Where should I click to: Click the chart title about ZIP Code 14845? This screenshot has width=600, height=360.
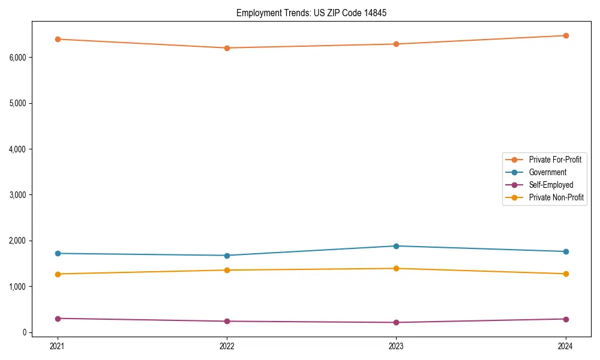[x=307, y=13]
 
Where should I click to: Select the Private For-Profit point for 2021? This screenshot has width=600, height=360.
[x=58, y=39]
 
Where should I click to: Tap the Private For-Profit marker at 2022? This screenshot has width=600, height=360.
[x=227, y=48]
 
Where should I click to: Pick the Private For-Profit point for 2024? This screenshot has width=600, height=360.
[x=565, y=35]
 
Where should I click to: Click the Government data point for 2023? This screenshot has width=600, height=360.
[x=396, y=246]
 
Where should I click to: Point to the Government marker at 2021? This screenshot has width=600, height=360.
[x=58, y=253]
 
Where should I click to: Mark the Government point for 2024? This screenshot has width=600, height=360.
[x=565, y=251]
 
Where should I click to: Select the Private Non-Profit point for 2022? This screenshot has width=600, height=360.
[x=227, y=270]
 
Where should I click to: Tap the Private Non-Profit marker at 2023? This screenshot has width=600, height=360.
[x=396, y=268]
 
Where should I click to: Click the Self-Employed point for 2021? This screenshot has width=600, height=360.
[x=58, y=319]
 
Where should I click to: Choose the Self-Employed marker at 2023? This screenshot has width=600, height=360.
[x=396, y=322]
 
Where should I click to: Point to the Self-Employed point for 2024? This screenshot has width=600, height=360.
[x=565, y=319]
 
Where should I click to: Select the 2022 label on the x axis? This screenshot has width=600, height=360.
[x=227, y=346]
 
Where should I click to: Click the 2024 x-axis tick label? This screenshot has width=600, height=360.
[x=565, y=346]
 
